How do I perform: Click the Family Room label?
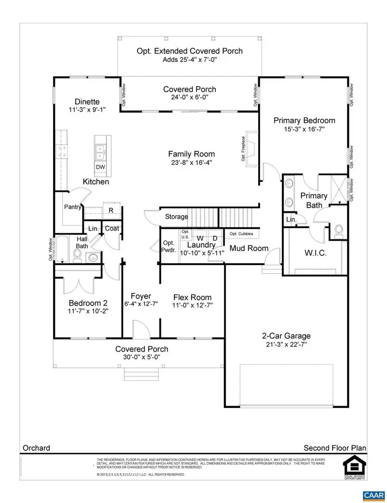point(191,154)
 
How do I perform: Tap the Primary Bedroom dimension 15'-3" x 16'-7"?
point(304,129)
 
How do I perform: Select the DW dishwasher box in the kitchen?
point(100,167)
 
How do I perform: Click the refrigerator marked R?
point(111,210)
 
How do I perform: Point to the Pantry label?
point(73,207)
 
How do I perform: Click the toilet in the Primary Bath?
point(339,231)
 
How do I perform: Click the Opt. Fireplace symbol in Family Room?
point(252,148)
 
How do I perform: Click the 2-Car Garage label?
point(286,336)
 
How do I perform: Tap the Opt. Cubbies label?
point(241,233)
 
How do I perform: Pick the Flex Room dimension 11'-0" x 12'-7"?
point(192,306)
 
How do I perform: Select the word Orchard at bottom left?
point(37,448)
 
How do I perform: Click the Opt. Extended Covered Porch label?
point(189,51)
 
